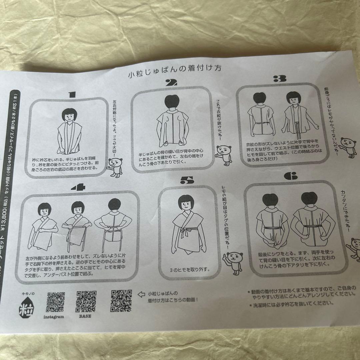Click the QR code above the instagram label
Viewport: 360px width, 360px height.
[x=55, y=302]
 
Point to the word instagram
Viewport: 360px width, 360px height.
[x=53, y=317]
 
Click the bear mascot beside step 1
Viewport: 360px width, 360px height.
[x=115, y=167]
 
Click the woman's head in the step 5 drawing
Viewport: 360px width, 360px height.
[x=184, y=202]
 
